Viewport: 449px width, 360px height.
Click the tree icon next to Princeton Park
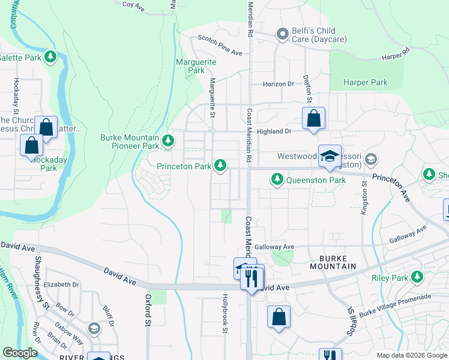(221, 164)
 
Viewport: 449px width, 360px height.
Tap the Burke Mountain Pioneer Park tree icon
(169, 142)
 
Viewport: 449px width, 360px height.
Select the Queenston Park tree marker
(277, 178)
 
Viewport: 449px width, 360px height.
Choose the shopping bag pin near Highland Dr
(313, 118)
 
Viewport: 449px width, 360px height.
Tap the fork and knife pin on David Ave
(252, 278)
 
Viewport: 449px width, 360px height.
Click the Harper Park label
(365, 82)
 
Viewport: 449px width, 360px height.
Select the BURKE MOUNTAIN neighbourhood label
(334, 266)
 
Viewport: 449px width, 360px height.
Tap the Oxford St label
(148, 310)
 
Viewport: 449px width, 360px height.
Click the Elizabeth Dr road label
(61, 284)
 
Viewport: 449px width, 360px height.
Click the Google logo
(20, 353)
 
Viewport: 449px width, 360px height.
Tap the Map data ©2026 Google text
(411, 355)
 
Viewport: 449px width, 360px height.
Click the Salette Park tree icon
(51, 58)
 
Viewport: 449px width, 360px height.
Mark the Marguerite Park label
(191, 66)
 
